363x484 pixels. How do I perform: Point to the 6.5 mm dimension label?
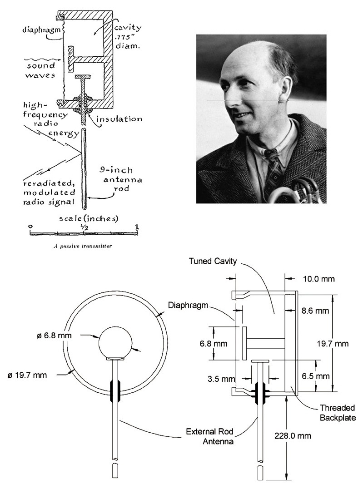[317, 376]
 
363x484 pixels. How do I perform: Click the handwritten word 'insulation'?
[119, 119]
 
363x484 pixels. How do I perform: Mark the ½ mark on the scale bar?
[85, 226]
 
